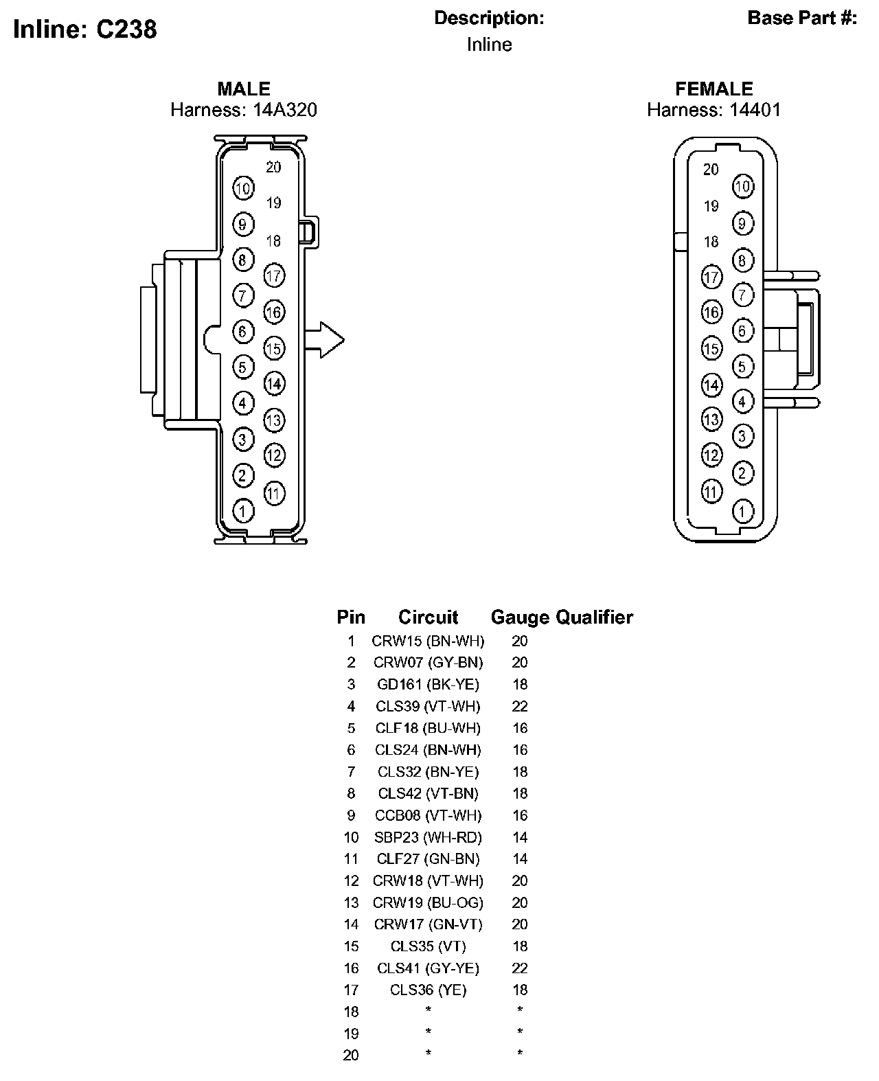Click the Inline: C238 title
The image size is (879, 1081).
pos(84,29)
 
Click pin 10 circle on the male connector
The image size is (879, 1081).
pos(243,188)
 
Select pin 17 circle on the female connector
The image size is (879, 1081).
pos(711,277)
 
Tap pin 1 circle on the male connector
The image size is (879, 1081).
pos(243,510)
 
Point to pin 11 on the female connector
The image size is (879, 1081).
pos(711,491)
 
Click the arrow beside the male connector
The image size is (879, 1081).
pos(324,340)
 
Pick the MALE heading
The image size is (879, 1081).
pos(244,89)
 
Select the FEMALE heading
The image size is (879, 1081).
pos(714,89)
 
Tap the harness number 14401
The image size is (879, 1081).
pos(755,110)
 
